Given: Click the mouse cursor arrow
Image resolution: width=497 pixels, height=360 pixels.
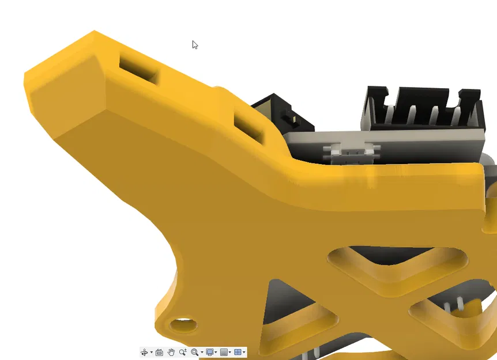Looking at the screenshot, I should pos(195,44).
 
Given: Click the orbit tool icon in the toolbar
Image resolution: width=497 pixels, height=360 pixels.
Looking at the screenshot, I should pos(144,352).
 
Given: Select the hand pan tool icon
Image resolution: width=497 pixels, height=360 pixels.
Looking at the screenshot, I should pos(171,352).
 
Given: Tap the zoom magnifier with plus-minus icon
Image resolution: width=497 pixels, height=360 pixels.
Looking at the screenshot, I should pos(183,352).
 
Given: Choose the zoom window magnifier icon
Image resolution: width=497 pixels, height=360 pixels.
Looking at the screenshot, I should pos(195,352).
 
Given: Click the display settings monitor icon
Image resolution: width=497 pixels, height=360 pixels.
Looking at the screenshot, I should pos(210,352).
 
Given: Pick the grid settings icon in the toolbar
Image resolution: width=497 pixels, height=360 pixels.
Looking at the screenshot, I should pos(224,352).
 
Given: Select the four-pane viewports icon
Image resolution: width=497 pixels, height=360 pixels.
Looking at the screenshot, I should pos(238,352).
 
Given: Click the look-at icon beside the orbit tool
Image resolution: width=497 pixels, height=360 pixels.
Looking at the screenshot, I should pos(159,352).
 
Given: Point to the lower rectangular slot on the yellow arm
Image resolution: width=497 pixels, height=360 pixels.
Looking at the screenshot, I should pos(249,127).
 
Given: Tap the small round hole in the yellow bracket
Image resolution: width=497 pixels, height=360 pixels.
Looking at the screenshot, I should pos(183,325).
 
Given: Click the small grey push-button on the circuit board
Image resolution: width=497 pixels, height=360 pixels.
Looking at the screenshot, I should pos(351,151).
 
